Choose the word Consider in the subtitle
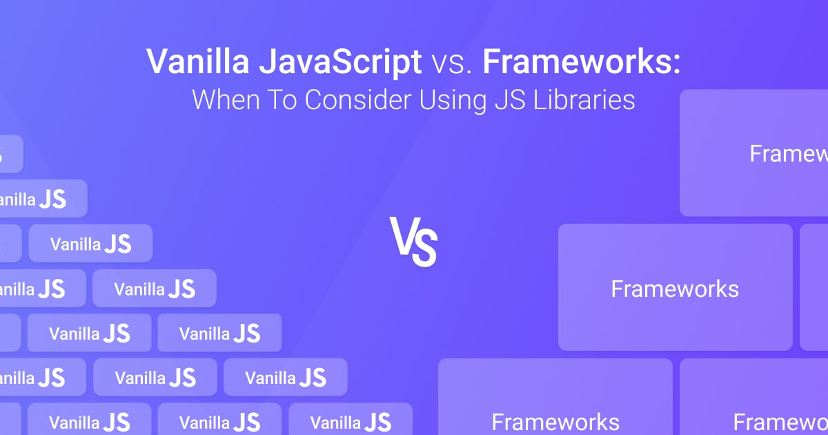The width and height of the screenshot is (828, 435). [357, 100]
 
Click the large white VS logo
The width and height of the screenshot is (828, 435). [413, 242]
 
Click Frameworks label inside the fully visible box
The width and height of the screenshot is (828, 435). [675, 289]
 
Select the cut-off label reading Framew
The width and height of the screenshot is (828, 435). [788, 153]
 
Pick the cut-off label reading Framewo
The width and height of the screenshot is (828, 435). [780, 422]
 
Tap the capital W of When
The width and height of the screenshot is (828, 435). [204, 100]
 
